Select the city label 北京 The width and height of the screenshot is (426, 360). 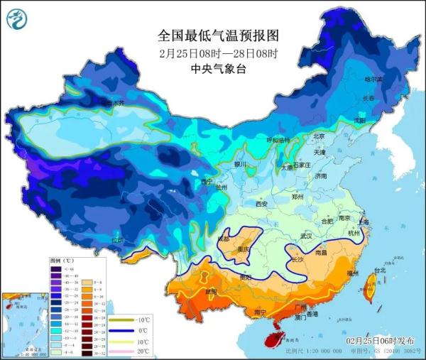coord(318,136)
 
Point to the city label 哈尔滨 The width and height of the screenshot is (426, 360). coord(373,80)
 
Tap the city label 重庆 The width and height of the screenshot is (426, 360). coord(244,250)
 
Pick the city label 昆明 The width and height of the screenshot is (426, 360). coord(206,291)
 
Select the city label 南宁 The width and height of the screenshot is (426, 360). coord(261,311)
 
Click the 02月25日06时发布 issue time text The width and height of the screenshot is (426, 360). coord(381,341)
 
